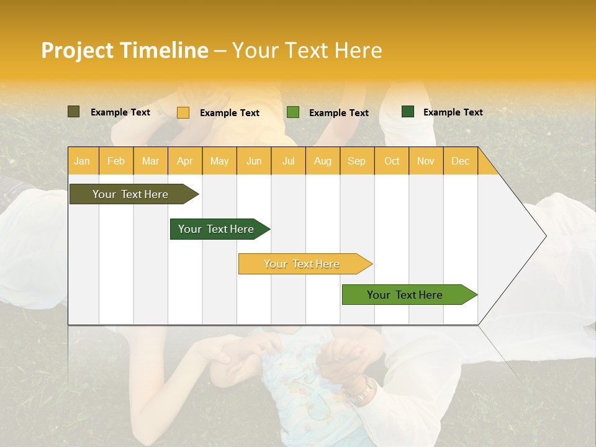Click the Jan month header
(x=83, y=161)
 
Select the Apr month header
(x=185, y=161)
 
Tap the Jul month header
(x=288, y=161)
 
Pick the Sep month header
(x=356, y=161)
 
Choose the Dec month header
(x=460, y=161)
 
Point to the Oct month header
(x=391, y=161)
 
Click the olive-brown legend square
(x=73, y=112)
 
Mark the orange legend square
(x=183, y=112)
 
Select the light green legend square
(x=293, y=112)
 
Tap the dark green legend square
(x=408, y=112)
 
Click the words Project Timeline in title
(x=125, y=50)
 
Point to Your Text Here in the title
(x=307, y=50)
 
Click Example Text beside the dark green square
(x=453, y=112)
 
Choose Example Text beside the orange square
(x=229, y=113)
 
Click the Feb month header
(x=116, y=161)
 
